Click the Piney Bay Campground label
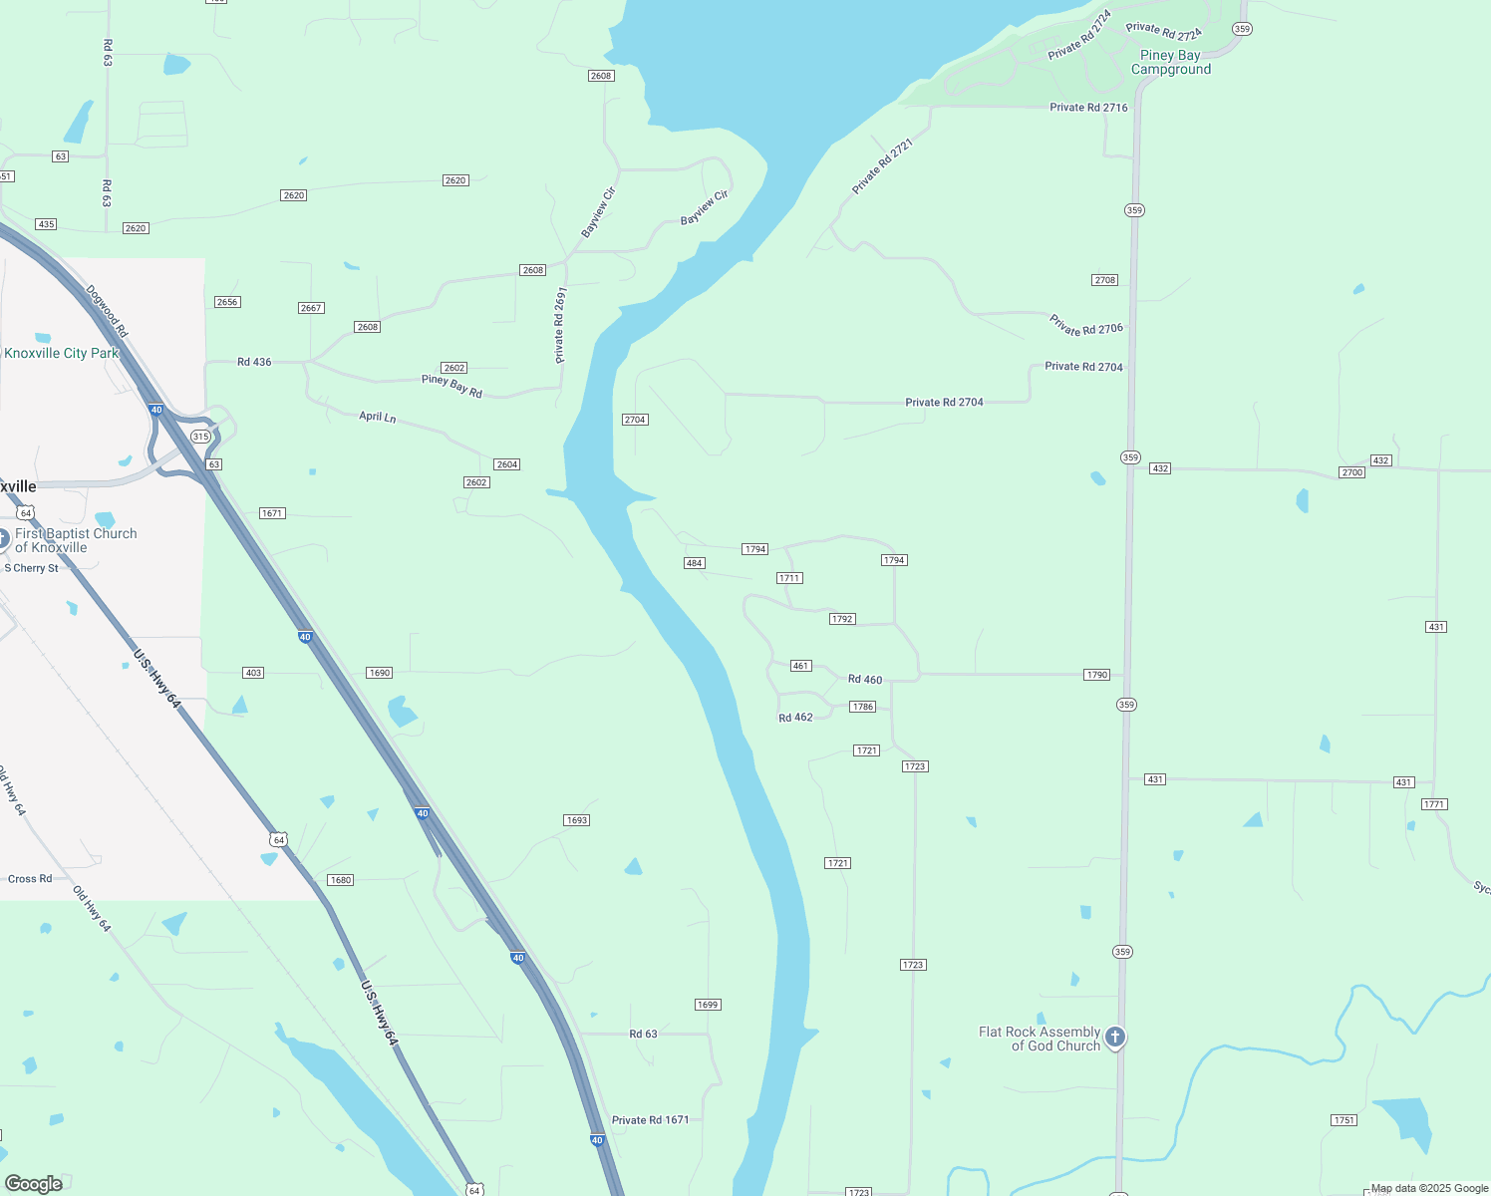point(1170,62)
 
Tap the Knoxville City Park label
point(61,353)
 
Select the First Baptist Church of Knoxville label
point(75,540)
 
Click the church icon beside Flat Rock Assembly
point(1115,1038)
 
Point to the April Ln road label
point(378,417)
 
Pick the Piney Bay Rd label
point(451,386)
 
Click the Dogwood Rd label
point(107,311)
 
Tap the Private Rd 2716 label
point(1088,108)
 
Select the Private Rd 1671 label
point(650,1120)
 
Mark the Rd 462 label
point(795,718)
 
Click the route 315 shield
point(201,437)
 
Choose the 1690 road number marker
point(380,673)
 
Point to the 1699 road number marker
point(708,1005)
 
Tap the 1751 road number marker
point(1344,1120)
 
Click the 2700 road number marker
point(1351,472)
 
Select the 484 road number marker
point(695,563)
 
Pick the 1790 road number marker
point(1097,675)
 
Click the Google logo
point(34,1184)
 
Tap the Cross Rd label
point(30,879)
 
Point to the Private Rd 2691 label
point(560,325)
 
